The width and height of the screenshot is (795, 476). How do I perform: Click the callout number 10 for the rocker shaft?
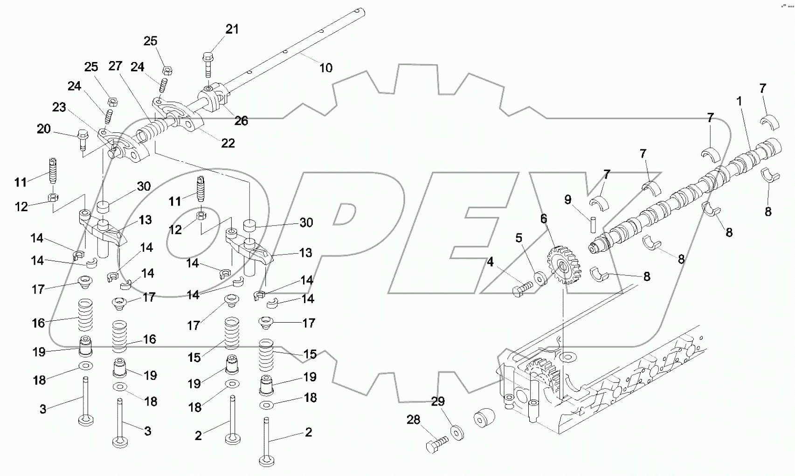tap(325, 68)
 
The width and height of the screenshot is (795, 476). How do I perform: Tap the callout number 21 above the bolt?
tap(232, 29)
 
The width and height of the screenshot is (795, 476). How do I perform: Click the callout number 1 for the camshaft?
tap(739, 101)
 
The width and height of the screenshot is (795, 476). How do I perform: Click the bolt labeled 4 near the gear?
tap(522, 290)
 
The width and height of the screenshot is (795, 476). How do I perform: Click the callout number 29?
tap(437, 401)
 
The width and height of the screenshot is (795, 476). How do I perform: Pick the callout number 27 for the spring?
tap(115, 66)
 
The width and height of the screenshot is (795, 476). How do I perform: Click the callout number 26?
tap(241, 121)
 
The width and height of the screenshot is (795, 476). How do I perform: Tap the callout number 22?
tap(228, 143)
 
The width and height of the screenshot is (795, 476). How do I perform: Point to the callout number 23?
tap(59, 108)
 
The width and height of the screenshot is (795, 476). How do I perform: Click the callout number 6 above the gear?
tap(544, 219)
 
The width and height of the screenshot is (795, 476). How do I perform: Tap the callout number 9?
tap(567, 200)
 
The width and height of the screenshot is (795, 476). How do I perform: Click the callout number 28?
tap(413, 420)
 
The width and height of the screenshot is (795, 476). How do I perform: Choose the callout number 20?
tap(43, 129)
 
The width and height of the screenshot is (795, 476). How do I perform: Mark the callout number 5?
tap(519, 239)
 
